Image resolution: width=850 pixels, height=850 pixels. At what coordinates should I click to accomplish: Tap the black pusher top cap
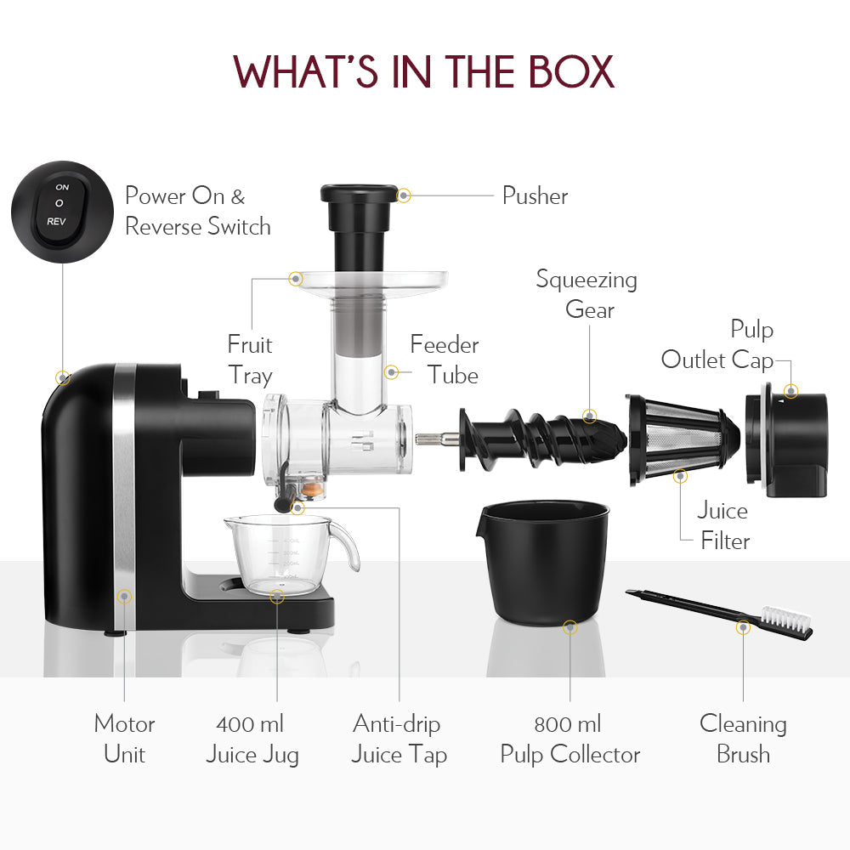[359, 193]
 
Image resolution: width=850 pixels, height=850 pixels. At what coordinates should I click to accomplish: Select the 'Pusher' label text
[535, 195]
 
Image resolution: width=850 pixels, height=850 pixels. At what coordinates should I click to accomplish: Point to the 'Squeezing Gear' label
[586, 294]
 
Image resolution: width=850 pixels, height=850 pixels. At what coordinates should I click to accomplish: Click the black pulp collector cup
[545, 561]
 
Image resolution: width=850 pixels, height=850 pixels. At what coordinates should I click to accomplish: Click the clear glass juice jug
[276, 552]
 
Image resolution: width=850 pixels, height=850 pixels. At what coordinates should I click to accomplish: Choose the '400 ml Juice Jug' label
[252, 739]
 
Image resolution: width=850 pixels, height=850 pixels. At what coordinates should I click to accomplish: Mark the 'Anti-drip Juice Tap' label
[399, 739]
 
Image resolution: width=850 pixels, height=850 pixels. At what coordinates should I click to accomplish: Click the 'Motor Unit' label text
[124, 739]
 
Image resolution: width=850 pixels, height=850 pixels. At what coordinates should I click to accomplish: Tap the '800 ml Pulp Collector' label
[569, 739]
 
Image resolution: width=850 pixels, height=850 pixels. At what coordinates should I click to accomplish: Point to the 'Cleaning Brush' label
[743, 739]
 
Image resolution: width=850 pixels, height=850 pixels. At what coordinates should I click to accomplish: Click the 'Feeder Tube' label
[445, 360]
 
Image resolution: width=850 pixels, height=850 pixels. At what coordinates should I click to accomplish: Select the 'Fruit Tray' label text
[249, 360]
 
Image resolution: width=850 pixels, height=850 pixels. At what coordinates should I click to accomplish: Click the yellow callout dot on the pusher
[404, 195]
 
